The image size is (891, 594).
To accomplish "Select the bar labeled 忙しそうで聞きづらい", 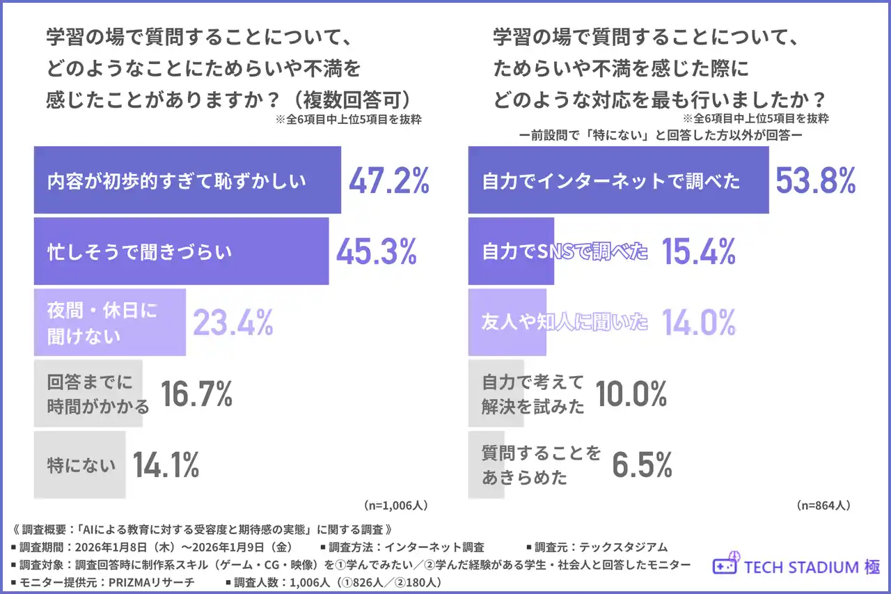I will (181, 251).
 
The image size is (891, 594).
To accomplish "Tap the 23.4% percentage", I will (232, 322).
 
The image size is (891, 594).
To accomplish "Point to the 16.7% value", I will (196, 394).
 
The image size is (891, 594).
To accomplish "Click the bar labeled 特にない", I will (80, 464).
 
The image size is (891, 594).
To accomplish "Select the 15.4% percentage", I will (698, 251).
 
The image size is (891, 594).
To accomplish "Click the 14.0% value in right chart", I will (698, 322).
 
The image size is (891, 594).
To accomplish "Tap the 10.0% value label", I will (630, 394).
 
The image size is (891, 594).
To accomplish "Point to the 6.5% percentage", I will (642, 465).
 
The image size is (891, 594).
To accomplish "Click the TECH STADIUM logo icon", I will (725, 566).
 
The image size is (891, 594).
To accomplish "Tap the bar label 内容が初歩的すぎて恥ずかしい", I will (177, 180).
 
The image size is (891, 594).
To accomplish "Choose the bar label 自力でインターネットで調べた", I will (611, 180).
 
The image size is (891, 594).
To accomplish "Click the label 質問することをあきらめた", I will (541, 465).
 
